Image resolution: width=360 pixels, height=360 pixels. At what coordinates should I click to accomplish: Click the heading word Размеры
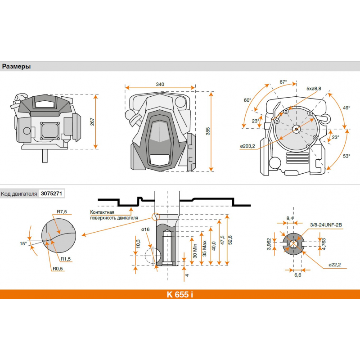coord(16,67)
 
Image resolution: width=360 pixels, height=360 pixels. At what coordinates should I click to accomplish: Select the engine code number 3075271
coord(51,193)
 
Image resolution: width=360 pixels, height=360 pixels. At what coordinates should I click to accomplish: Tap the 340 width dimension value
coord(160,84)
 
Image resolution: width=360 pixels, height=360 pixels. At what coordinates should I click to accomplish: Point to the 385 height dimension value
coord(208,131)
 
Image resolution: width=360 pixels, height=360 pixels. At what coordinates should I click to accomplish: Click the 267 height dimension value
coord(92,121)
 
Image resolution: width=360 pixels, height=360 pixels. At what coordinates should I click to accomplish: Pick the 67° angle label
coord(283,82)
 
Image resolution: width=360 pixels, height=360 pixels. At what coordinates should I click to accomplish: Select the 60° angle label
coord(247,100)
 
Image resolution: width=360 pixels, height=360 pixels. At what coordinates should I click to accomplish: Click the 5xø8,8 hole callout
coord(314,88)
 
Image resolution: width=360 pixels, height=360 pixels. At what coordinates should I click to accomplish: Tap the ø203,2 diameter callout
coord(247,146)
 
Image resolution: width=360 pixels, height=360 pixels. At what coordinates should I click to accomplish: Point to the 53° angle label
coord(346,156)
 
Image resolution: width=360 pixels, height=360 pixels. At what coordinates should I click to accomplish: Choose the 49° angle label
coord(346,108)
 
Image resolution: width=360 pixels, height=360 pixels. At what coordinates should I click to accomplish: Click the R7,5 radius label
coord(62,211)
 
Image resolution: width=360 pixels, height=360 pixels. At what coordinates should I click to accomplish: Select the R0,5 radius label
coord(58,269)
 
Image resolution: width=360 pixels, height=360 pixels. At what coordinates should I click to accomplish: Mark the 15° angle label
coord(23,243)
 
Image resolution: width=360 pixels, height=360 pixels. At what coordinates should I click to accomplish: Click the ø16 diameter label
coord(145,229)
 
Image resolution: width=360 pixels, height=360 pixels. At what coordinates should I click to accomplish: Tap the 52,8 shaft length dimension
coord(230,240)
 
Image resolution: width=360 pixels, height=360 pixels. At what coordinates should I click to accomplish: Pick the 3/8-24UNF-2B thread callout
coord(326,225)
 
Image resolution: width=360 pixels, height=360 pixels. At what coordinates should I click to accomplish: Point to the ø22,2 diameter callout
coord(335,265)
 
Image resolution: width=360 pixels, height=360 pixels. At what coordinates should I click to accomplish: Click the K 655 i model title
coord(180,294)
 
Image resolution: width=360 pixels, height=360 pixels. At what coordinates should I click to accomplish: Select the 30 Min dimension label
coord(195,251)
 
